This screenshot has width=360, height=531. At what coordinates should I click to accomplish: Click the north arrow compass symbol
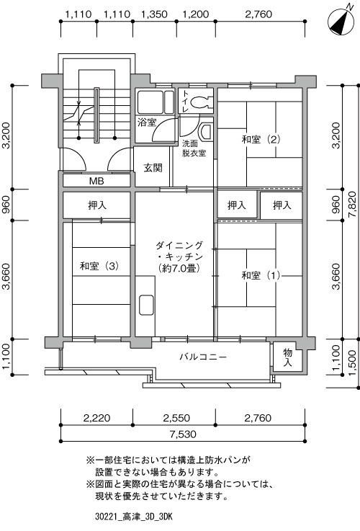coord(341,21)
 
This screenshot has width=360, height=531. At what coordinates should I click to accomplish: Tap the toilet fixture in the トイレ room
coord(200,102)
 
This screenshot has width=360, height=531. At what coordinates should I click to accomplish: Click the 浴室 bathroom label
coord(147,122)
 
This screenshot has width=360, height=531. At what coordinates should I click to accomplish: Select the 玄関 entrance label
coord(153,168)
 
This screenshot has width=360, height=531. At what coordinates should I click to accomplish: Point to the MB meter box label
coord(96,181)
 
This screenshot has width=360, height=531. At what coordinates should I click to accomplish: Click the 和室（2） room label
coord(261,139)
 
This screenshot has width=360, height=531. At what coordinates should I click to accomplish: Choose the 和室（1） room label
coord(261,275)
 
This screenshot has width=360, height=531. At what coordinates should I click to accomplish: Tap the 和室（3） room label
coord(99,266)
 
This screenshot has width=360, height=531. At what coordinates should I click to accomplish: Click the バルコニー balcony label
coord(203,357)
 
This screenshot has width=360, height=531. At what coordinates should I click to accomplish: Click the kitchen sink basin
coord(146,305)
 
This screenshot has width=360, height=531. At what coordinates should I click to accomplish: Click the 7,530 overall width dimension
coord(183,434)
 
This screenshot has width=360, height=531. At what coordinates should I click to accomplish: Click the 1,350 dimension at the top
coord(154,14)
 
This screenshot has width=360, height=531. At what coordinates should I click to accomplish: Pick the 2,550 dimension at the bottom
coord(176,418)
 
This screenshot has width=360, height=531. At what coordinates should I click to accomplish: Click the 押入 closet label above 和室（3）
coord(97,205)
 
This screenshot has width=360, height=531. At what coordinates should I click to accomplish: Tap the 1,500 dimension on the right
coord(352,363)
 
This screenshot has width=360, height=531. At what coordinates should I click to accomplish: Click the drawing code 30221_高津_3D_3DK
coord(134,517)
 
